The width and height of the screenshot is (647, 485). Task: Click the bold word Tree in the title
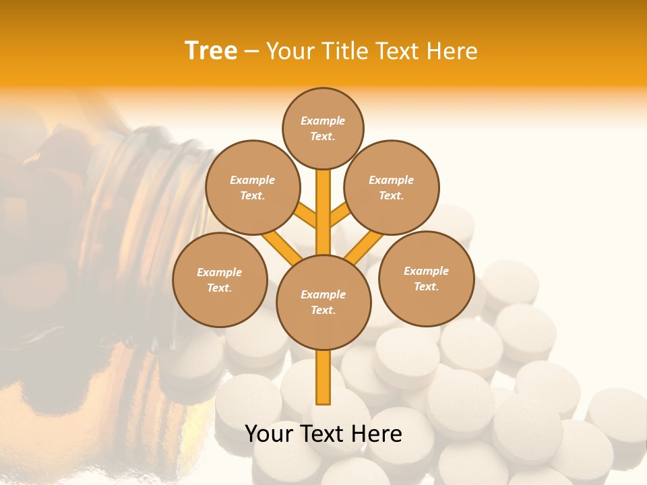click(211, 51)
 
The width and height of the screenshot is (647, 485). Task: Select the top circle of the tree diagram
click(323, 128)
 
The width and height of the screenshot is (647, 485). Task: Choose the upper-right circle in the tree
click(392, 187)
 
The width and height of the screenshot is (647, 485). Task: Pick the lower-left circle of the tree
click(220, 280)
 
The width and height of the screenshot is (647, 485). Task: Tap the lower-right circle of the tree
click(427, 278)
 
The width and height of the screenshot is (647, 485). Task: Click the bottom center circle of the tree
click(323, 302)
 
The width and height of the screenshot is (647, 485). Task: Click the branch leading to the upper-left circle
click(307, 216)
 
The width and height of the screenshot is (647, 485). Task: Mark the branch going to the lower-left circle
click(282, 247)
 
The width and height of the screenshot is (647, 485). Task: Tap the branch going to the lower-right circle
click(365, 247)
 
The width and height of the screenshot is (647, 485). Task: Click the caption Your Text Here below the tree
click(323, 434)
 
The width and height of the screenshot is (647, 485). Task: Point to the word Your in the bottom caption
click(268, 434)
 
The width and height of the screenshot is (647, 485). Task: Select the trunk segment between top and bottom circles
click(323, 212)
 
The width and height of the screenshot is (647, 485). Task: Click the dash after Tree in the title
click(251, 51)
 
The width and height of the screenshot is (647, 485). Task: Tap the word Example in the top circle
click(323, 121)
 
